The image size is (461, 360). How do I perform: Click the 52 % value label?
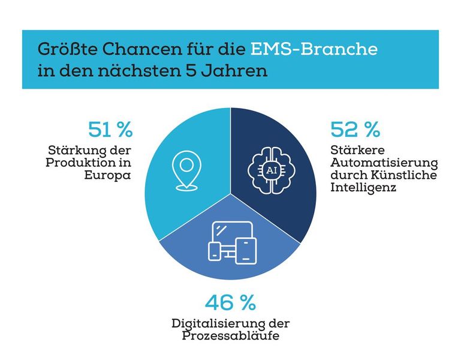[x=355, y=129]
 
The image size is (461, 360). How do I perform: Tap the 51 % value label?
[x=110, y=129]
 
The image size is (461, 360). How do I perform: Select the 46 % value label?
[x=230, y=302]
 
